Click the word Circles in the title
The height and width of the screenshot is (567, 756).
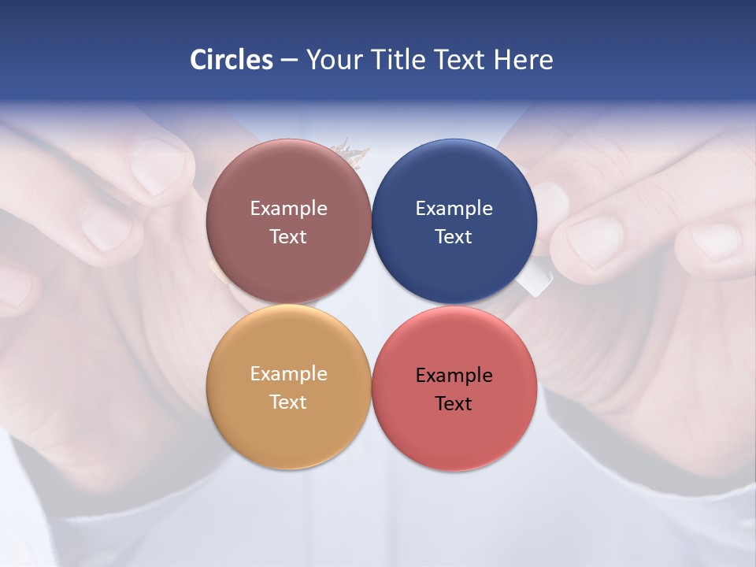tap(232, 60)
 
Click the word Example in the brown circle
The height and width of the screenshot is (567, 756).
tap(288, 209)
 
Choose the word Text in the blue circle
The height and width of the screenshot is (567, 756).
tap(454, 237)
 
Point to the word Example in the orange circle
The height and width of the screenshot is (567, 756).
tap(288, 374)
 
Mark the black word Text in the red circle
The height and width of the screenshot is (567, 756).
tap(454, 404)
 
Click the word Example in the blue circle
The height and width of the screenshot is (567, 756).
tap(454, 209)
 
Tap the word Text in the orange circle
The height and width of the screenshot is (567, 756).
tap(288, 402)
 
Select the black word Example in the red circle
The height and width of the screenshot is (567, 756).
tap(454, 376)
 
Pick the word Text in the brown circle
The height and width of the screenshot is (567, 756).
tap(288, 237)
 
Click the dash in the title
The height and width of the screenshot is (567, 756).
tap(289, 61)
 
